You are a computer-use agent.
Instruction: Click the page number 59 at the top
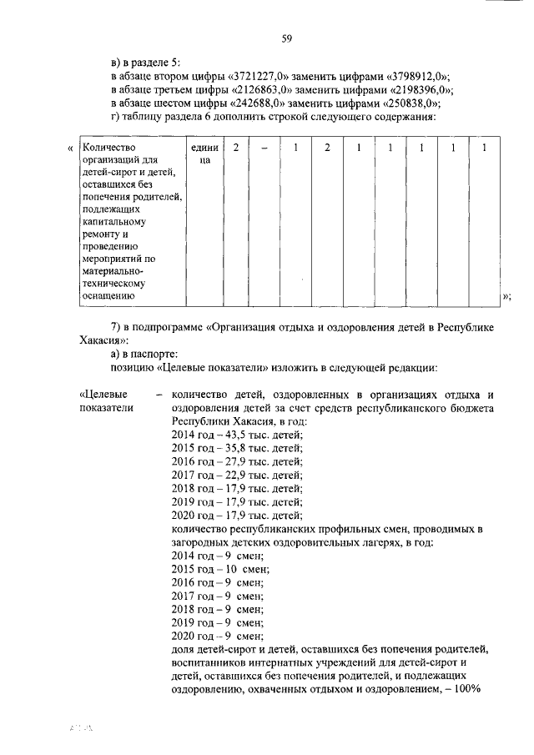coord(286,38)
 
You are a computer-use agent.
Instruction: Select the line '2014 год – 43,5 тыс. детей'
coord(236,435)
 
